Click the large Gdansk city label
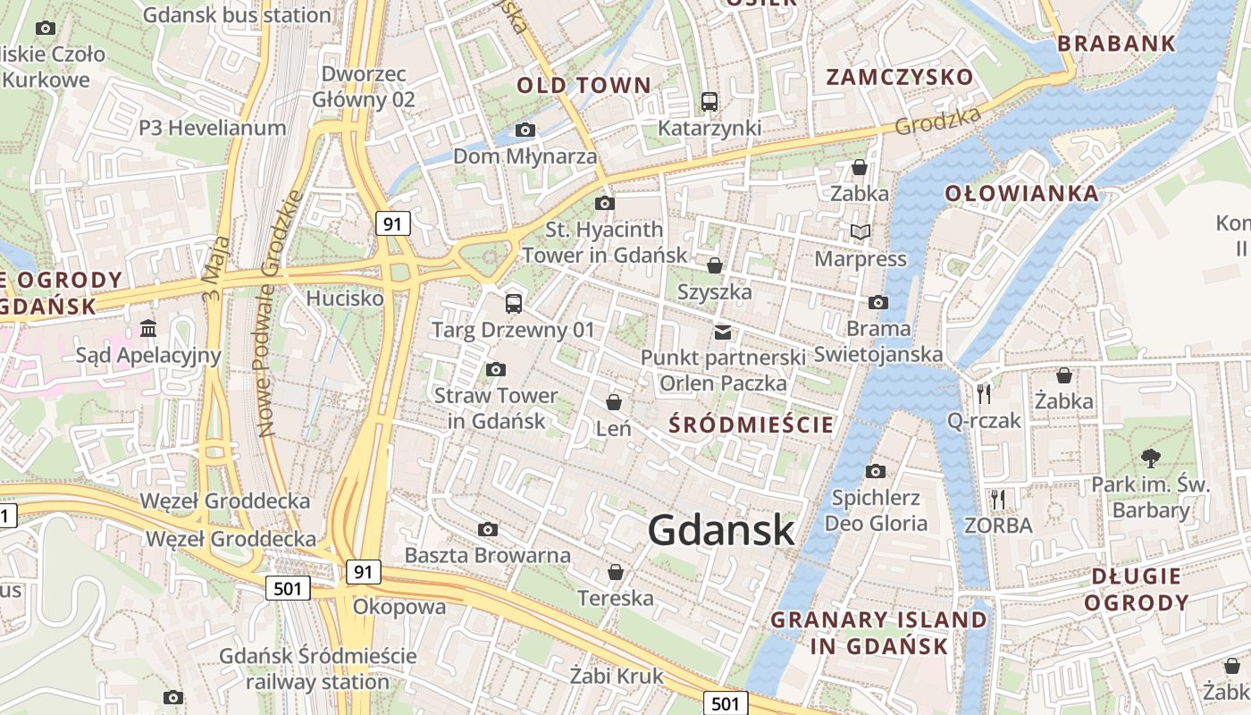point(721,530)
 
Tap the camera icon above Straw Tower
point(495,369)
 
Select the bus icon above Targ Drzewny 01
point(513,303)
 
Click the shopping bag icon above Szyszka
point(714,265)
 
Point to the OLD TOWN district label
point(584,86)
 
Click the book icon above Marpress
point(860,232)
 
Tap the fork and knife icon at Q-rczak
point(984,393)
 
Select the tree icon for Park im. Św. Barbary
point(1150,458)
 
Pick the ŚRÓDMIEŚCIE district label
point(751,425)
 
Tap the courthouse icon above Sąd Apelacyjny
point(148,329)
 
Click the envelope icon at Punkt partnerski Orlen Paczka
point(722,332)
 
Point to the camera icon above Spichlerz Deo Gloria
point(876,471)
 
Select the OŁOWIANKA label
point(1021,194)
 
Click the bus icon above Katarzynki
point(709,102)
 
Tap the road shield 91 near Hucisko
point(393,223)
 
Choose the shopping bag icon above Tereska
point(615,571)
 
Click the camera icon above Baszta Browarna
point(488,529)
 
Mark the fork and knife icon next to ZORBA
point(998,499)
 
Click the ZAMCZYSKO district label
point(899,77)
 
